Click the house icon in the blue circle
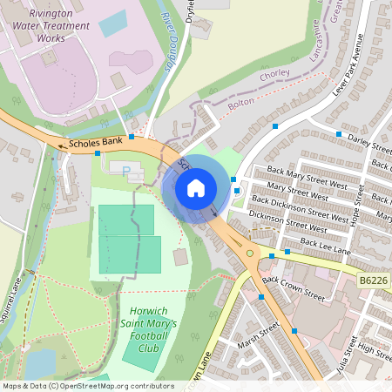[x=196, y=187]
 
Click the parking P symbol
[x=126, y=171]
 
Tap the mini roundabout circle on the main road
[x=251, y=253]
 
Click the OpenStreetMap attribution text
[x=88, y=385]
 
